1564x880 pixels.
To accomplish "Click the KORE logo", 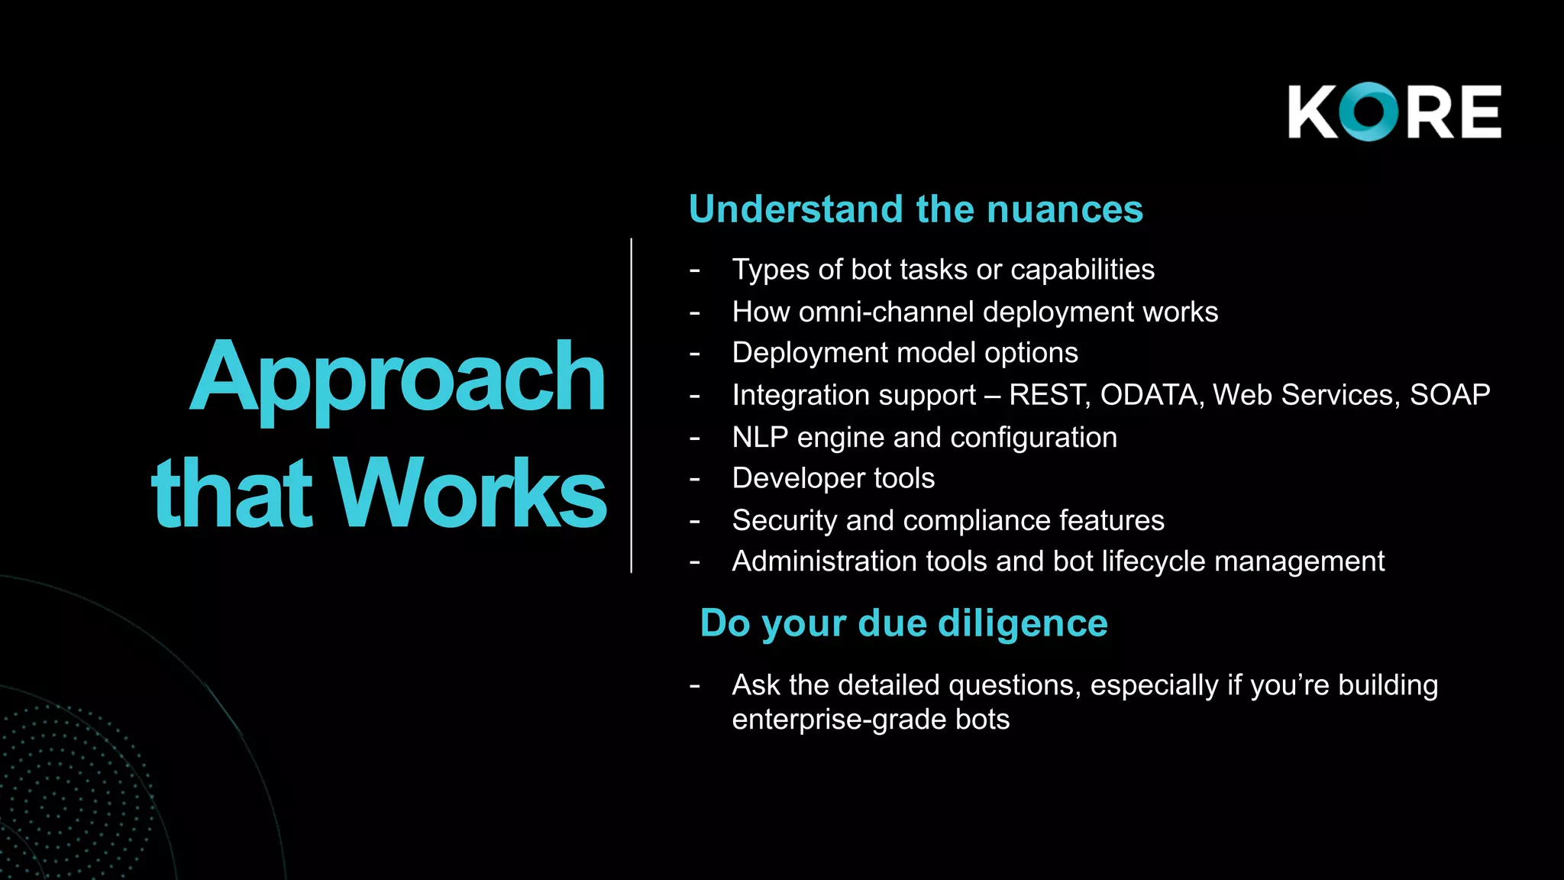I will click(1394, 112).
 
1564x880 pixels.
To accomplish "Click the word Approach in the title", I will click(397, 378).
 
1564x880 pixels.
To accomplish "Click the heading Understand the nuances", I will click(916, 209).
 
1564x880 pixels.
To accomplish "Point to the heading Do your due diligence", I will click(903, 623).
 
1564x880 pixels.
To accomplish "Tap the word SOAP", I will click(1449, 395).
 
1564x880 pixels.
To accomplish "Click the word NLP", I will click(760, 438).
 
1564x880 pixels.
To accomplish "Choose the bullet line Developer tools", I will click(833, 479).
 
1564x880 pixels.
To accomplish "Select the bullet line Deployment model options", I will click(905, 353).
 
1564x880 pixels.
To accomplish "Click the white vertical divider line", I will click(632, 405).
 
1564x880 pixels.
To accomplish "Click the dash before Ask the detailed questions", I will click(694, 686).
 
